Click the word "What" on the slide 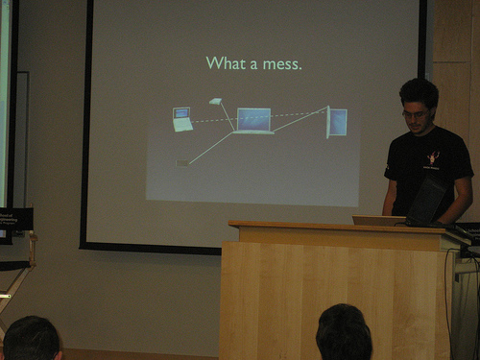tap(226, 62)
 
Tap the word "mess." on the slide tap(282, 64)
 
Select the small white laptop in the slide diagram tap(182, 119)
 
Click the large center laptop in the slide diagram tap(253, 121)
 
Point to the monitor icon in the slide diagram tap(337, 122)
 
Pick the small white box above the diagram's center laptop tap(216, 101)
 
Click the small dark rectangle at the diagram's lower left tap(182, 163)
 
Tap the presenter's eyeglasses tap(415, 113)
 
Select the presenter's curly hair tap(420, 91)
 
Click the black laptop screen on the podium tap(427, 200)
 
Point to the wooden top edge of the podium tap(336, 226)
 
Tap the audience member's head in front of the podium tap(344, 333)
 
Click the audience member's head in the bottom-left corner tap(32, 339)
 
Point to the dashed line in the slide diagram tap(259, 117)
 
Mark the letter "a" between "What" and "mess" tap(253, 65)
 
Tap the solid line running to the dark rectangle tap(211, 149)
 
